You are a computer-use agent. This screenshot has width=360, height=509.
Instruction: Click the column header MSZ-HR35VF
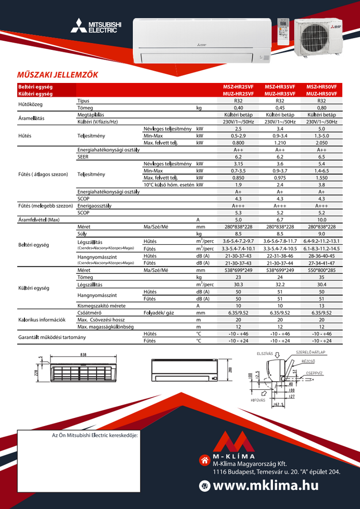coord(280,87)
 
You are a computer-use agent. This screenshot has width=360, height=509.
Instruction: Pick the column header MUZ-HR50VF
coord(321,94)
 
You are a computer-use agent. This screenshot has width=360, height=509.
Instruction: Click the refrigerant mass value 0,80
coord(321,108)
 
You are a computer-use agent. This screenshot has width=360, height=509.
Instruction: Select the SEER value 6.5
coord(321,157)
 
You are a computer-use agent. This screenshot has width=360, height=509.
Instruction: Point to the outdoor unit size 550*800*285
coord(321,271)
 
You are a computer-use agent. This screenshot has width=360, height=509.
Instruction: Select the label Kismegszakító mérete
coord(101,305)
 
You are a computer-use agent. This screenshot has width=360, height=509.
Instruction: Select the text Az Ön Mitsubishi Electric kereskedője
coord(95,436)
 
